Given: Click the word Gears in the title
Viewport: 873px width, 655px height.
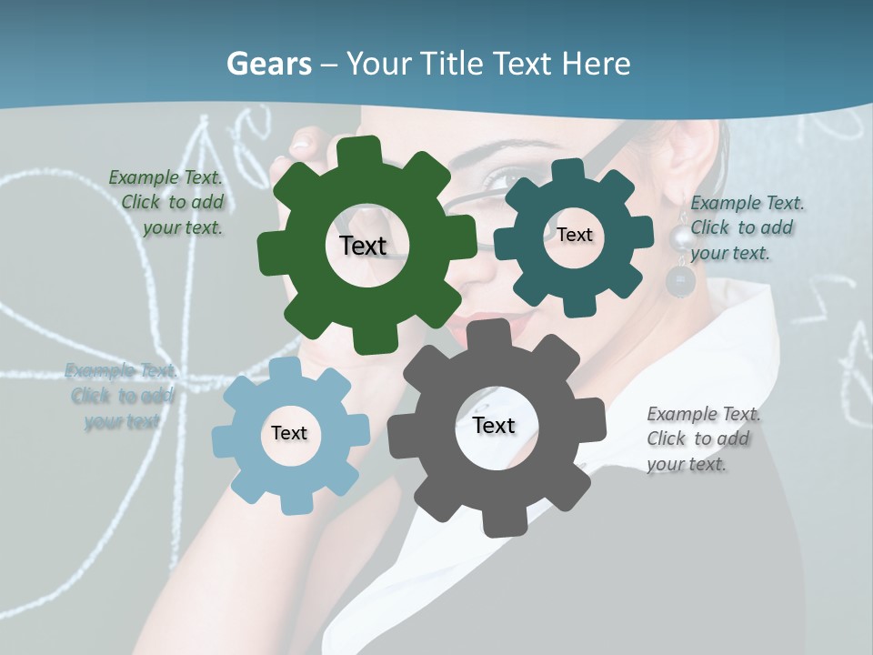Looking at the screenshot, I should tap(268, 64).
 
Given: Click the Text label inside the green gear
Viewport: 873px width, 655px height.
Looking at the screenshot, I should tap(363, 246).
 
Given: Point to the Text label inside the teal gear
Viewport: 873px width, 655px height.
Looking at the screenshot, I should tap(574, 235).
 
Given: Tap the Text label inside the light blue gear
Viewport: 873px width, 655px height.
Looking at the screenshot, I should tap(288, 433).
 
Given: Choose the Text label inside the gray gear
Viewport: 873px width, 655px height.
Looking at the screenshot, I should tap(494, 425).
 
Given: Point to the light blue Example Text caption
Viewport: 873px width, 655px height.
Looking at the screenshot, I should tap(122, 396).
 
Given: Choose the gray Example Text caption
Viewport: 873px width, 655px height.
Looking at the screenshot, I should tap(702, 438).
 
